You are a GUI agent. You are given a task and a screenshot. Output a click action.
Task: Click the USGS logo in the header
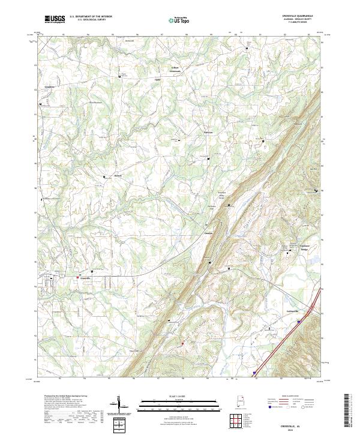55,19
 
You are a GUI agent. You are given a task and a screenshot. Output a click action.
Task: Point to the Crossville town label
86,278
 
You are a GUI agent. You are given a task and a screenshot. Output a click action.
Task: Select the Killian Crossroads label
176,68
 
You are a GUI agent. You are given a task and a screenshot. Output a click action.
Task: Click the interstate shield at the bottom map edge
254,373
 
